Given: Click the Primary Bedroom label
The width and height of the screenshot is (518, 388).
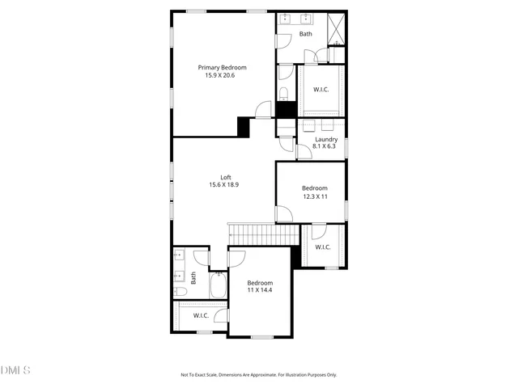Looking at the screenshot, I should tap(223, 68).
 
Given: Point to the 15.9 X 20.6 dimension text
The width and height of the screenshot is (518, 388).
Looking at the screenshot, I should tap(223, 76).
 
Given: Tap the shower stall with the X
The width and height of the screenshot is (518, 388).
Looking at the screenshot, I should tap(337, 29).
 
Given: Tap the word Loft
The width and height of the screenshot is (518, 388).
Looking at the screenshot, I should tap(226, 177).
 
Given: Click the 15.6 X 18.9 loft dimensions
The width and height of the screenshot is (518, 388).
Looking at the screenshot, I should tap(223, 185).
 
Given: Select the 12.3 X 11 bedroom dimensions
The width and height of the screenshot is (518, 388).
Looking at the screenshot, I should tap(315, 196).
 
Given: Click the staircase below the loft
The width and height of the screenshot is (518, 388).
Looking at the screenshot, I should tap(262, 234).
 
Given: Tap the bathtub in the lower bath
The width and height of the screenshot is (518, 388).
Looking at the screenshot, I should tap(218, 286).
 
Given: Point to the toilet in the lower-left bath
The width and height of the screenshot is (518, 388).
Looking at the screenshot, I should tap(181, 292).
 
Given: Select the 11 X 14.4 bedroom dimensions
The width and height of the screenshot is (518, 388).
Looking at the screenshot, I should tap(260, 290).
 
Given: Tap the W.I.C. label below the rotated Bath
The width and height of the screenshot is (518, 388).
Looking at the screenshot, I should tap(201, 316).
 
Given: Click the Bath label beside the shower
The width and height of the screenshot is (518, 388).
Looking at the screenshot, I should tap(305, 34).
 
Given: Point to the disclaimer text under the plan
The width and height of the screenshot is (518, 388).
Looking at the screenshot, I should tap(258, 374).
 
